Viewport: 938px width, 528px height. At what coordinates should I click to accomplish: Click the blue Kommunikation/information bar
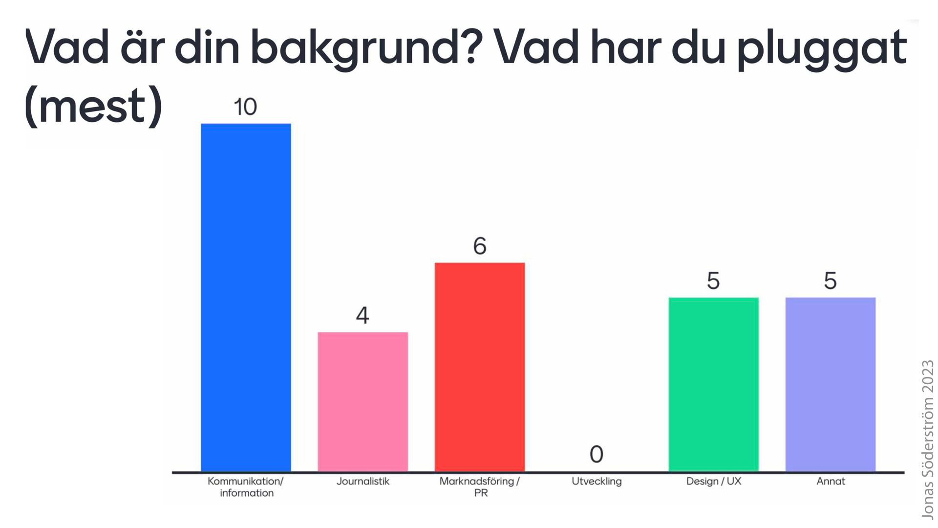[x=246, y=297]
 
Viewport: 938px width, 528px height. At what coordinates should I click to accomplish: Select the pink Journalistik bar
[x=362, y=402]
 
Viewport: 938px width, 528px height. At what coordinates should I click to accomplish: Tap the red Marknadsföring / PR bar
[x=480, y=367]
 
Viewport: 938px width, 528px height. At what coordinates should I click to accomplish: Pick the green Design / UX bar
[x=713, y=384]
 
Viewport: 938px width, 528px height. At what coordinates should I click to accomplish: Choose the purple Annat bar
[x=831, y=384]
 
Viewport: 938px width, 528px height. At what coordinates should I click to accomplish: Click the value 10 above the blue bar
[x=245, y=107]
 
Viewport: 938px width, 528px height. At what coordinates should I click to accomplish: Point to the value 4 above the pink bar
[x=362, y=315]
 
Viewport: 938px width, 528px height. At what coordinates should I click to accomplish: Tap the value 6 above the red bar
[x=480, y=246]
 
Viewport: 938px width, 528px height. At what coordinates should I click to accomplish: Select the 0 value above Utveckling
[x=597, y=454]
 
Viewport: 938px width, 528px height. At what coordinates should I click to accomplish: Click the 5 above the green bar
[x=713, y=281]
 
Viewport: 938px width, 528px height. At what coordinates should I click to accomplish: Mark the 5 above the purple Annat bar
[x=831, y=281]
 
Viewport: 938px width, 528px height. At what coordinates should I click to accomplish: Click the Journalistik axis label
[x=363, y=481]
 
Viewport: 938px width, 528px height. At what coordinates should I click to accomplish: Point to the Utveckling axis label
[x=597, y=482]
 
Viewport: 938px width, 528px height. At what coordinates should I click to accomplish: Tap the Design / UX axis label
[x=714, y=481]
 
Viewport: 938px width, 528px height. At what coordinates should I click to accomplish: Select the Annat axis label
[x=831, y=481]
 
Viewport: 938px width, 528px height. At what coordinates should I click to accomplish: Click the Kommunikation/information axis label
[x=246, y=487]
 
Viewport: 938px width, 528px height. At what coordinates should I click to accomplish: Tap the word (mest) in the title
[x=93, y=107]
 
